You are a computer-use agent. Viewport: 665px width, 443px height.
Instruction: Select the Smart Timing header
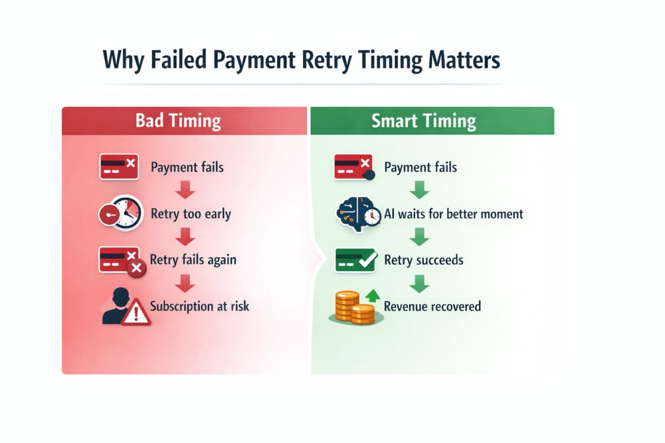[424, 121]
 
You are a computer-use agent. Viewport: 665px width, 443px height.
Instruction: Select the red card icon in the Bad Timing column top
[119, 166]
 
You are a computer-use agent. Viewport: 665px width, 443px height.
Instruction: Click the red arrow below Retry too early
[184, 237]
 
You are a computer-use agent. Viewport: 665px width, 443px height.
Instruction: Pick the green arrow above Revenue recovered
[420, 284]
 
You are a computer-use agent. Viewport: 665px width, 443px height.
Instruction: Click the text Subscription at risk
[199, 306]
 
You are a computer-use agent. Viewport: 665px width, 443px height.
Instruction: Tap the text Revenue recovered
[432, 306]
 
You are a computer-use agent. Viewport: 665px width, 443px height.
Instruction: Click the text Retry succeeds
[423, 260]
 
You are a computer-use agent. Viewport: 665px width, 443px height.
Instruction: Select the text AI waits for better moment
[453, 214]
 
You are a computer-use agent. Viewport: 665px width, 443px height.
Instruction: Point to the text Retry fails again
[193, 260]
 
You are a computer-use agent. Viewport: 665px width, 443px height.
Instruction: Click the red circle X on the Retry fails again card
[136, 269]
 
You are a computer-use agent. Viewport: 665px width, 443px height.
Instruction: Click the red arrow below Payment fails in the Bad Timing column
[184, 190]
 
